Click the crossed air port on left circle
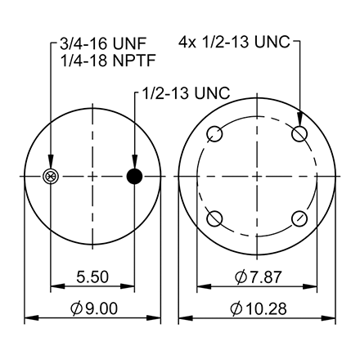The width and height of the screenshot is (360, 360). coord(52,176)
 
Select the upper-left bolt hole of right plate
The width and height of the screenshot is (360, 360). coord(216,134)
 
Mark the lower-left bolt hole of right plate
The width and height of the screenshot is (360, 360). coord(216,218)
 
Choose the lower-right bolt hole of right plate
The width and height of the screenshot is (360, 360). coord(300,218)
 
